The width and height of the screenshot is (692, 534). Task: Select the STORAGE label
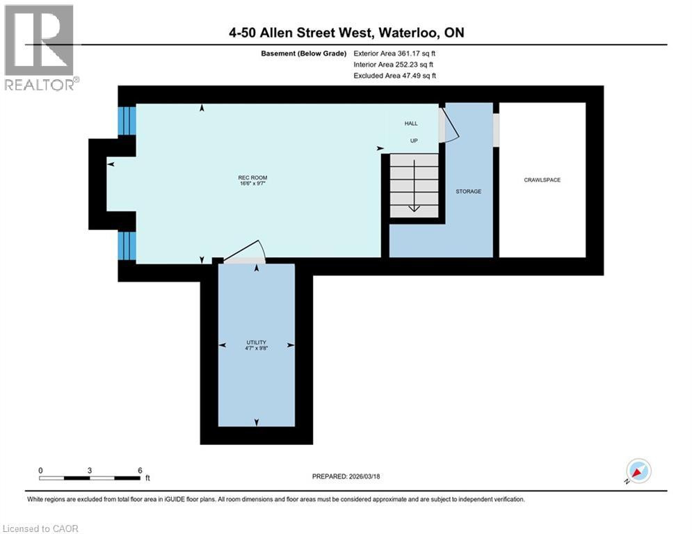coord(468,191)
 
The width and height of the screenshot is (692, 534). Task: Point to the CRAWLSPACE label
coord(542,180)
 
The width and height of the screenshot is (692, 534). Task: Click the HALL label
coord(411,124)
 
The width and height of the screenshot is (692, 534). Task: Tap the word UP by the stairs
coord(413,140)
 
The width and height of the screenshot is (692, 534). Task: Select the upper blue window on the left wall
coord(126,121)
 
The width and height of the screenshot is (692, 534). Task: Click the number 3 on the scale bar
coord(90,471)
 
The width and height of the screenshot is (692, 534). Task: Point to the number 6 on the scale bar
coord(140,471)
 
